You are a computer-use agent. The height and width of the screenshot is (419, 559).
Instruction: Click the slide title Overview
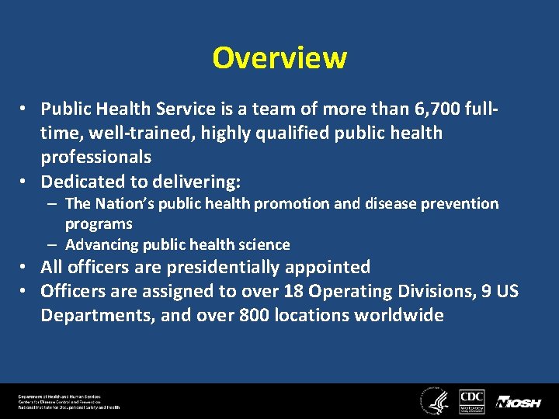(279, 57)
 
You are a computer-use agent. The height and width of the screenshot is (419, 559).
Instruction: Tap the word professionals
(96, 157)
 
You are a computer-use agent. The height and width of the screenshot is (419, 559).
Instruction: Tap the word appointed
(331, 267)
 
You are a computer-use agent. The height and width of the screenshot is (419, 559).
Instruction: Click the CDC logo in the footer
(472, 401)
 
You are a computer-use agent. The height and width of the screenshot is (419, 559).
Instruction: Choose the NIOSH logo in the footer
(519, 402)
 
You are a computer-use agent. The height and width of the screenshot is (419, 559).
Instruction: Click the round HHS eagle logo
(432, 401)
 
